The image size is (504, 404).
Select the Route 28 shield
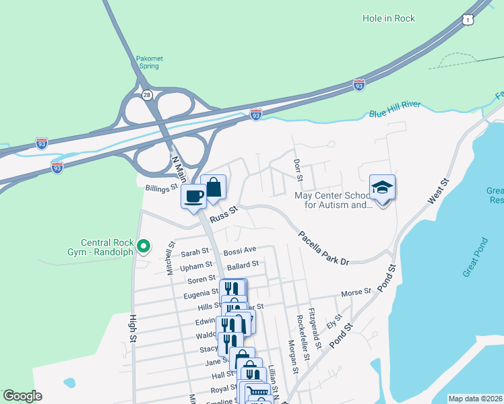tap(147, 96)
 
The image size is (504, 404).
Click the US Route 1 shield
tap(467, 21)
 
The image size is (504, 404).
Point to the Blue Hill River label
tap(395, 110)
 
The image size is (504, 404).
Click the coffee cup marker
tap(194, 197)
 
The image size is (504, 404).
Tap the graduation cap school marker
tap(382, 187)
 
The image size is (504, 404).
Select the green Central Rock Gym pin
tap(143, 246)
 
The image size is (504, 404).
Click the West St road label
tap(438, 192)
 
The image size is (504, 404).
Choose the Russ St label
tap(224, 214)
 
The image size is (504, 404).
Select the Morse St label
tap(356, 292)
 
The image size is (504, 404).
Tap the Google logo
tap(23, 396)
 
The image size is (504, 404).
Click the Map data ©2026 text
tap(474, 399)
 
